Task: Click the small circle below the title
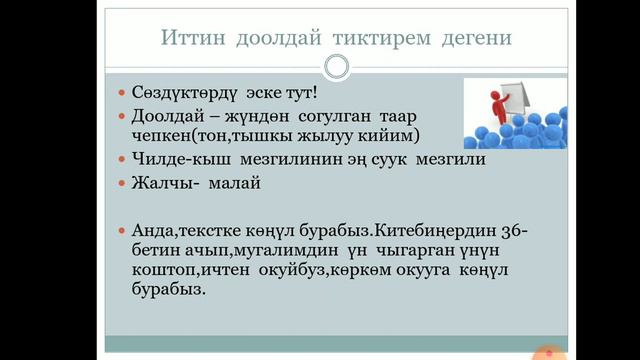337,66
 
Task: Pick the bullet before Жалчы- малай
123,183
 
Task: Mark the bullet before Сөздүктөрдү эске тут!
123,93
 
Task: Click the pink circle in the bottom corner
546,352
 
